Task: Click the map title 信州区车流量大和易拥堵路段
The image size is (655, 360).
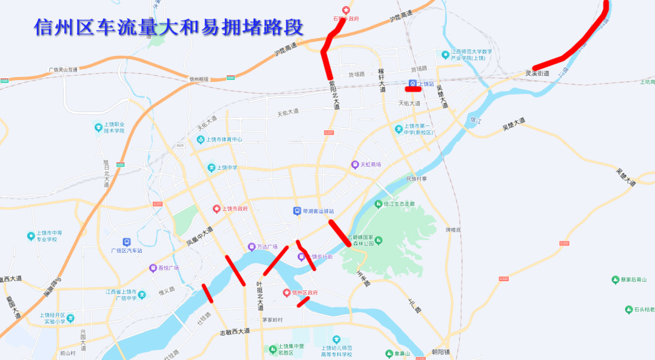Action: pyautogui.click(x=168, y=27)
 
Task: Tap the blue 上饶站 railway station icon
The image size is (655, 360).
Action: pyautogui.click(x=412, y=84)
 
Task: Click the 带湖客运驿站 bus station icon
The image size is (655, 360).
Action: pyautogui.click(x=297, y=211)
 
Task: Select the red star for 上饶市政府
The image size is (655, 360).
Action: pyautogui.click(x=216, y=208)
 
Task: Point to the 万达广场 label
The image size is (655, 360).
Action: pyautogui.click(x=267, y=247)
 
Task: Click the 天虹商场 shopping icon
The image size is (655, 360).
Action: pyautogui.click(x=355, y=164)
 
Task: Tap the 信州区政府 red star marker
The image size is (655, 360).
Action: pyautogui.click(x=287, y=293)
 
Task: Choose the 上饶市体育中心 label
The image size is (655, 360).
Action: pyautogui.click(x=224, y=139)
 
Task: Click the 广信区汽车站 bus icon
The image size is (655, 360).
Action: pyautogui.click(x=127, y=242)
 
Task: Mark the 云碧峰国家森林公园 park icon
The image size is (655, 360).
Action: pyautogui.click(x=378, y=240)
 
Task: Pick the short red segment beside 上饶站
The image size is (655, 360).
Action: pyautogui.click(x=413, y=89)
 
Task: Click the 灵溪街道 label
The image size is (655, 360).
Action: pyautogui.click(x=537, y=74)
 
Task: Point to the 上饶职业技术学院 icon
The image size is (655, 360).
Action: pyautogui.click(x=98, y=127)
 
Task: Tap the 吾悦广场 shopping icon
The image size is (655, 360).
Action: pyautogui.click(x=153, y=268)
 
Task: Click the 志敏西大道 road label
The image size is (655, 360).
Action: pyautogui.click(x=234, y=332)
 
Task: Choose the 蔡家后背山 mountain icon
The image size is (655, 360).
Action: pyautogui.click(x=615, y=279)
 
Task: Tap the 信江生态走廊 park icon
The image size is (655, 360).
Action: pyautogui.click(x=378, y=204)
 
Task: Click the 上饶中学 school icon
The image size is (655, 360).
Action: pyautogui.click(x=212, y=167)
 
